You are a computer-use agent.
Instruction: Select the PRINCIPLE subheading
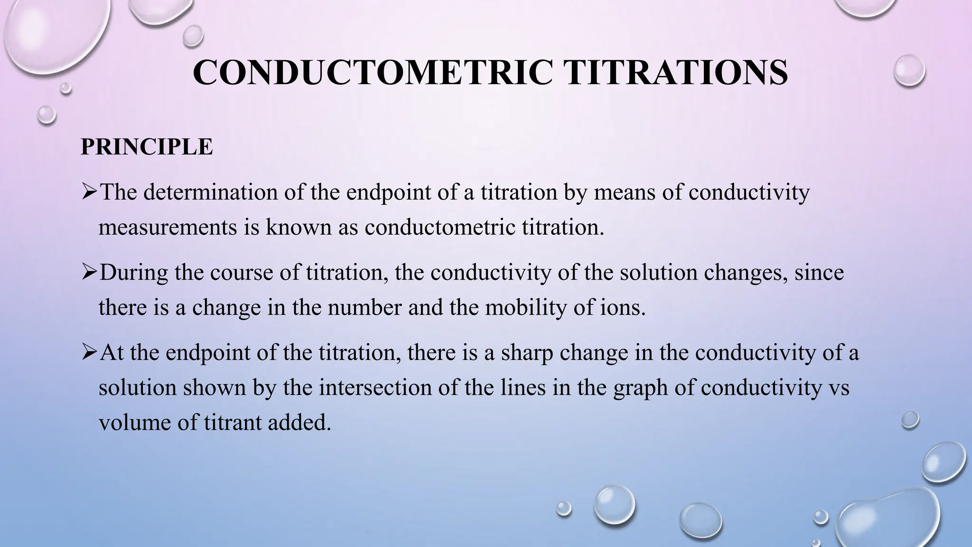(x=147, y=147)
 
